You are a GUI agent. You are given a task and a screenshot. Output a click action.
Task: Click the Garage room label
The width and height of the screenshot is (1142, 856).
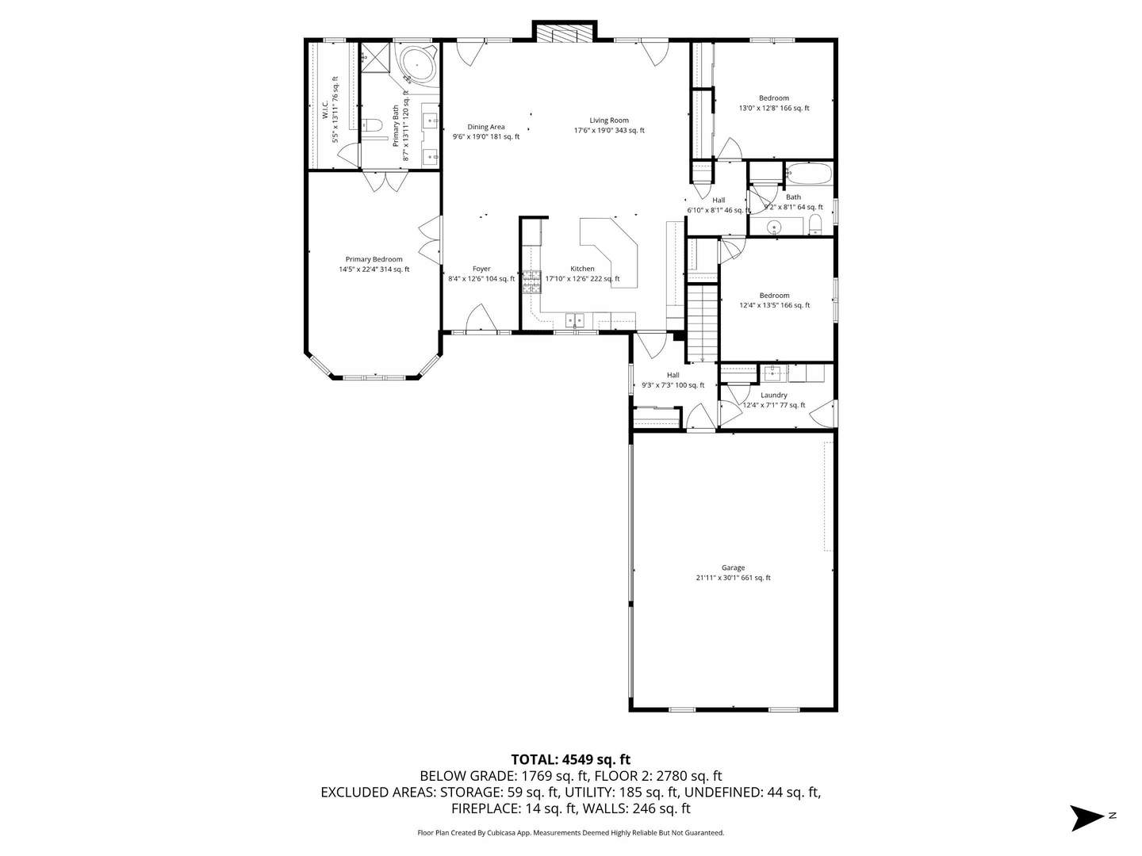point(733,567)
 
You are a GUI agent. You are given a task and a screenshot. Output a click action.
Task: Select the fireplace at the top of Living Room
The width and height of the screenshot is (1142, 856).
point(563,33)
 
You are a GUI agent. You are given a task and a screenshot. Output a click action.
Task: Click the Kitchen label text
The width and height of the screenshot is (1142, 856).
point(582,269)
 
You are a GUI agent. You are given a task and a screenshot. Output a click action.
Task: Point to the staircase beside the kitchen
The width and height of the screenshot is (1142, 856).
point(702,323)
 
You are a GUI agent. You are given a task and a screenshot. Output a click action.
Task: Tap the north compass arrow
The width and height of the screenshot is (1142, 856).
point(1086,817)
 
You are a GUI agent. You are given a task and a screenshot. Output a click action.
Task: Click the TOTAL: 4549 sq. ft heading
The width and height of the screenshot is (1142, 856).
point(570,759)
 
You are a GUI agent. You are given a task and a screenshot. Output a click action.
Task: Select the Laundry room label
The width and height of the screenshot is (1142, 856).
point(773,395)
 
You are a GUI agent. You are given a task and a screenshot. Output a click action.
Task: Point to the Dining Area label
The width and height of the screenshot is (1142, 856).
point(485,127)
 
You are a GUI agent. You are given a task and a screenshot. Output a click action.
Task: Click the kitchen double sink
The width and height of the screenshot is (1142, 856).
point(575,319)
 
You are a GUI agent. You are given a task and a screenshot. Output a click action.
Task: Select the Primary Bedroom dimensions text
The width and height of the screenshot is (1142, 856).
point(374,269)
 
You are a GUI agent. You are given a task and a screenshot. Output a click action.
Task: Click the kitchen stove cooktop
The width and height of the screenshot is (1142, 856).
point(531,282)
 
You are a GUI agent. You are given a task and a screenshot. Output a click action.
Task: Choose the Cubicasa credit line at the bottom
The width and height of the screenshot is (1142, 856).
point(570,832)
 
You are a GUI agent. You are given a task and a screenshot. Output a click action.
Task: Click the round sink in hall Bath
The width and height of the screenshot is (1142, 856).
point(774,227)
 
